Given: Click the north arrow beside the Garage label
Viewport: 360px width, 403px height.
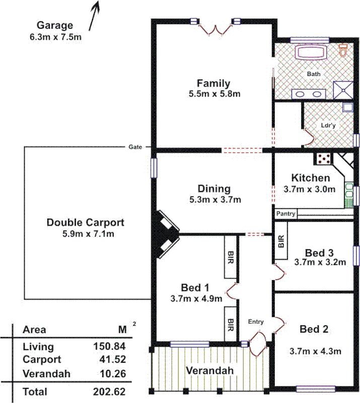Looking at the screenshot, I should [94, 16].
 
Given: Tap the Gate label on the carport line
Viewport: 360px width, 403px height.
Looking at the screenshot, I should [134, 147].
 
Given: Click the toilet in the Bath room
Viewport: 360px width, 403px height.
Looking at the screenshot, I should [344, 50].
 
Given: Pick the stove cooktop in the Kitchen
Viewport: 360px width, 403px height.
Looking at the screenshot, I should [323, 160].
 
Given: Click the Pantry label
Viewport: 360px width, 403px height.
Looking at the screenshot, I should [286, 215].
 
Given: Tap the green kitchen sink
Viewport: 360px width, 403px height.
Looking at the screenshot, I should [348, 194].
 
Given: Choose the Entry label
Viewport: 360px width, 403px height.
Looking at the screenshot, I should [256, 321].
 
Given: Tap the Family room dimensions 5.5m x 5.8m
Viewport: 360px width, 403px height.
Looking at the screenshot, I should [213, 94].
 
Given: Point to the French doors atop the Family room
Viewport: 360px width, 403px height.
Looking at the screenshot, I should [214, 29].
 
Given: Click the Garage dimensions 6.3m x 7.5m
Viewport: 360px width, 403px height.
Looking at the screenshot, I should [55, 36].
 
